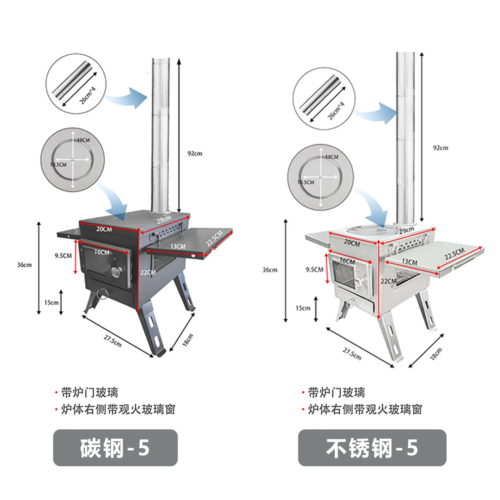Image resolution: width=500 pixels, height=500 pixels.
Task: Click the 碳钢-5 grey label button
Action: pos(115,447)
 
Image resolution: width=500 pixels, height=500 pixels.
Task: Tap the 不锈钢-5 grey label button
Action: pos(372,447)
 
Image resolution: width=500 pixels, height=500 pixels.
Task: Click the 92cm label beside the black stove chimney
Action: pos(195,153)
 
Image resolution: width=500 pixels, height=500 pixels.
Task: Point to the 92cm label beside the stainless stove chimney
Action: pos(440,148)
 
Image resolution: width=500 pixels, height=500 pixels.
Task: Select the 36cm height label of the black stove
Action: pos(24,265)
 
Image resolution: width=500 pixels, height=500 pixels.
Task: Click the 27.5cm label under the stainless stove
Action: pos(352,354)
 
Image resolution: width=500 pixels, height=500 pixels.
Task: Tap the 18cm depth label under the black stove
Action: pos(188,340)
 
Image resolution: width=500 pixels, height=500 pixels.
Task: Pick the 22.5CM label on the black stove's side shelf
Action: pos(214,238)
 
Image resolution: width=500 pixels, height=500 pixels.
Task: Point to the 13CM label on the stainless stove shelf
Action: pos(409,261)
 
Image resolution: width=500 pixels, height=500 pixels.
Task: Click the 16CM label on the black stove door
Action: pos(102,252)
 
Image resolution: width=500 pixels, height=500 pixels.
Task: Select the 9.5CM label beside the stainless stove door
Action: pos(314,269)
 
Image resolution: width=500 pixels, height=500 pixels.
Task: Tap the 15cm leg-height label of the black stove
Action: pos(51,302)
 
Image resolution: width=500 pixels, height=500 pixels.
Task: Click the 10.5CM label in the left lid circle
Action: pos(58,165)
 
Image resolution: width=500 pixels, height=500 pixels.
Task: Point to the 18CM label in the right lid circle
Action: pos(332,157)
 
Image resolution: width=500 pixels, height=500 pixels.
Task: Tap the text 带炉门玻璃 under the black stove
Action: pos(89,392)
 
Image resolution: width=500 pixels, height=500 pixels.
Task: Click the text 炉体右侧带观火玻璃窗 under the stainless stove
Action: pos(365,409)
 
